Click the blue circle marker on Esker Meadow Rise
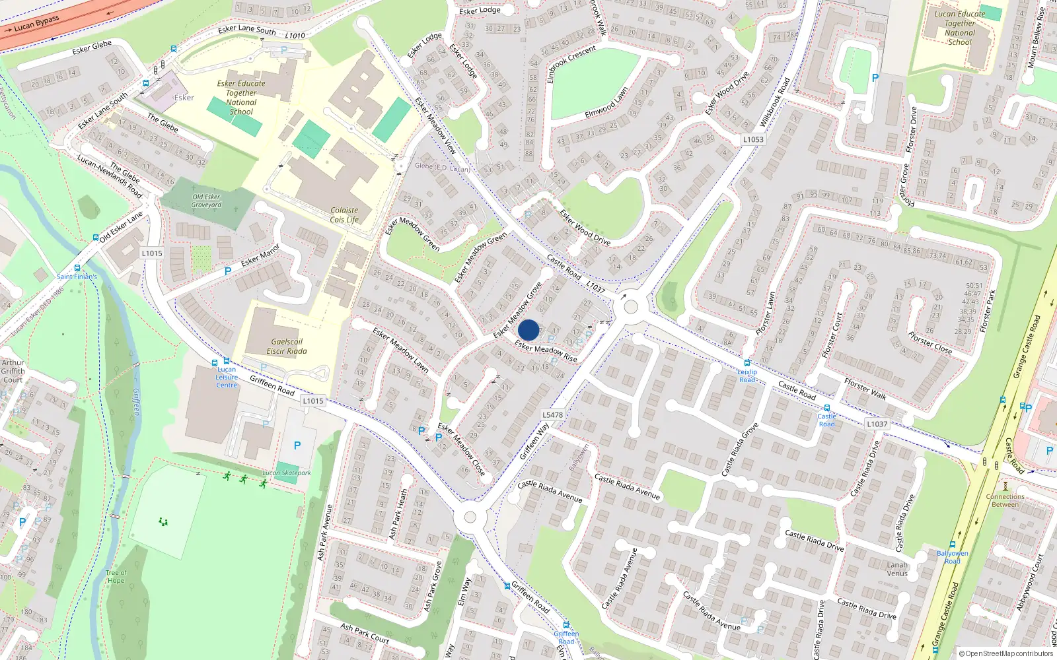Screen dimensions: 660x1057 pyautogui.click(x=528, y=330)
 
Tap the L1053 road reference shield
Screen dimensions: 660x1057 pyautogui.click(x=753, y=139)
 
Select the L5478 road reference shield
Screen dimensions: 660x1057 pyautogui.click(x=552, y=415)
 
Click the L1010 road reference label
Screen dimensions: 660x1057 pyautogui.click(x=295, y=36)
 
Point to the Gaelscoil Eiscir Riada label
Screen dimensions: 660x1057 pyautogui.click(x=287, y=346)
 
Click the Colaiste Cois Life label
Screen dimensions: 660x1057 pyautogui.click(x=344, y=215)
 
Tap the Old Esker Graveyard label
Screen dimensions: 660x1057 pyautogui.click(x=207, y=201)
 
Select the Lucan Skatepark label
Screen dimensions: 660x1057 pyautogui.click(x=287, y=473)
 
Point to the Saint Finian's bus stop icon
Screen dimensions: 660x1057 pyautogui.click(x=78, y=268)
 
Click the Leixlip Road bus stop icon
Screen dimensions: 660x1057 pyautogui.click(x=747, y=363)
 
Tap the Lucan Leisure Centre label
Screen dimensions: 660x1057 pyautogui.click(x=227, y=378)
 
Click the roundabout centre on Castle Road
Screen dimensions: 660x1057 pyautogui.click(x=631, y=307)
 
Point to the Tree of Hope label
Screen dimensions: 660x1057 pyautogui.click(x=116, y=577)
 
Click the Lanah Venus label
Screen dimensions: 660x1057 pyautogui.click(x=897, y=569)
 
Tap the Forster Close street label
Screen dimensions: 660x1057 pyautogui.click(x=930, y=343)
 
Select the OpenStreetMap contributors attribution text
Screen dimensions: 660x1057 pyautogui.click(x=1005, y=654)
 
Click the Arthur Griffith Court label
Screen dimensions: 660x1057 pyautogui.click(x=13, y=371)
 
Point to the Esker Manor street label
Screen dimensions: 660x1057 pyautogui.click(x=260, y=255)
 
